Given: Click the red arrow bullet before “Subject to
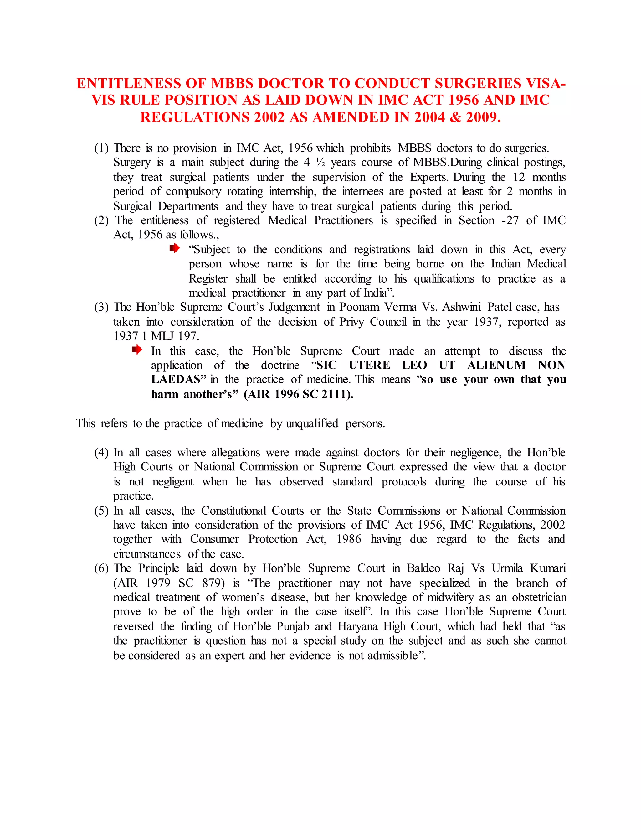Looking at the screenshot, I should (x=174, y=249).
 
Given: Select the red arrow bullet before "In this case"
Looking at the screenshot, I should (x=137, y=350).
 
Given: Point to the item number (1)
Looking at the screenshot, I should (x=101, y=148).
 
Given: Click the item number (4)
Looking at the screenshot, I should (x=101, y=452).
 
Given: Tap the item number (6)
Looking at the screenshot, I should (x=101, y=568).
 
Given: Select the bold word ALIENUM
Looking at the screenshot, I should (x=496, y=365).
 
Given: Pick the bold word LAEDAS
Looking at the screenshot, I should (x=176, y=379).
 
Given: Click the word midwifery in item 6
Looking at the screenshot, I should (x=450, y=597).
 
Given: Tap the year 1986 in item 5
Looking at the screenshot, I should (x=349, y=539).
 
